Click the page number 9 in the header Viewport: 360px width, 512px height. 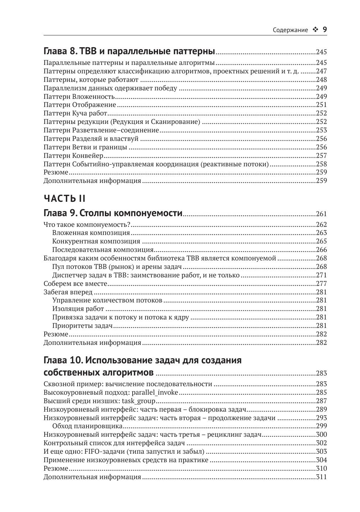(x=325, y=30)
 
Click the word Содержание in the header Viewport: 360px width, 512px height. (x=290, y=30)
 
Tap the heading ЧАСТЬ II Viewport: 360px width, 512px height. (x=65, y=198)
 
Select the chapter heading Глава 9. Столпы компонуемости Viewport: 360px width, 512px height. (x=113, y=213)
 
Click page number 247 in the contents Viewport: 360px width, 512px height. (x=321, y=71)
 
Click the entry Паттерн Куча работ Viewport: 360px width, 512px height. (x=75, y=113)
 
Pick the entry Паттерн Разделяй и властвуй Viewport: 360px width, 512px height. (x=91, y=139)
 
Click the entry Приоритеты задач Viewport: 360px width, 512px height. (x=82, y=326)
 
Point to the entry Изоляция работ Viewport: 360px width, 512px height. (x=78, y=309)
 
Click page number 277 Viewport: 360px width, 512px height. (x=321, y=284)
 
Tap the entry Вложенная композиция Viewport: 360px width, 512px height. (x=91, y=233)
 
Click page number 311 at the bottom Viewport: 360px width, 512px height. (x=321, y=477)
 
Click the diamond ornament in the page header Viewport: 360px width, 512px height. (x=315, y=30)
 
